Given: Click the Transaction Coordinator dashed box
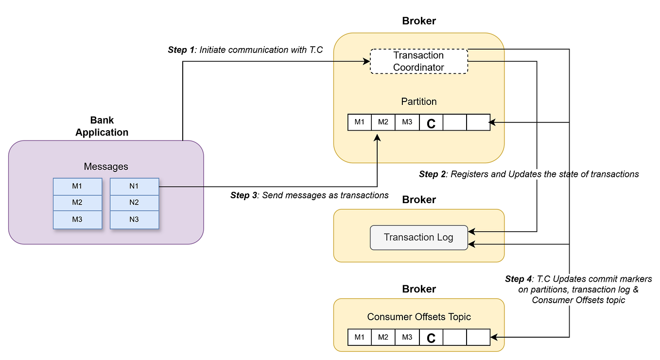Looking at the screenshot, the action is pos(418,61).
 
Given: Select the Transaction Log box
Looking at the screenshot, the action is pos(418,238).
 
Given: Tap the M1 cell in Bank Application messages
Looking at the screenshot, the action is pos(77,186).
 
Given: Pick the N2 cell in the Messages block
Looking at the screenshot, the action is pos(134,203).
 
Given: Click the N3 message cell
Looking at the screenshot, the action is pos(134,220).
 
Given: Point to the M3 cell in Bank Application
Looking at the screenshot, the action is pos(77,220).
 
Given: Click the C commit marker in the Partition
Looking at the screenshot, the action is pos(431,122).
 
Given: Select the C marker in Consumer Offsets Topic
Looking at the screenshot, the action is pos(431,337).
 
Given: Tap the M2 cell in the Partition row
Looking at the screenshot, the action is pos(383,122).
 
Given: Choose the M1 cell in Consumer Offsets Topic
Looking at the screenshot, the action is pos(360,337).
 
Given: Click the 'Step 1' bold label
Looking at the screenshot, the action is pos(181,50).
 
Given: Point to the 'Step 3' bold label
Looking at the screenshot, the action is pos(243,195).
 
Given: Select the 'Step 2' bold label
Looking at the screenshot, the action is pos(432,174).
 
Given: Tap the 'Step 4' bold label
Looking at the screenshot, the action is pos(518,279).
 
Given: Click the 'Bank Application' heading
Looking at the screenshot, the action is pos(102,126).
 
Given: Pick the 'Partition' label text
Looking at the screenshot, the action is pos(418,102).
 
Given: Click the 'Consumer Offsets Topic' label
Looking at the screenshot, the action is pos(418,317).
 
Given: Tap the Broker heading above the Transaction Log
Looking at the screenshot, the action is pos(418,200).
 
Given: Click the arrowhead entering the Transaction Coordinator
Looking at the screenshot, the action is pos(366,61).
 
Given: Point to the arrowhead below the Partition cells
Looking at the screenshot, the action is pos(377,138).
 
